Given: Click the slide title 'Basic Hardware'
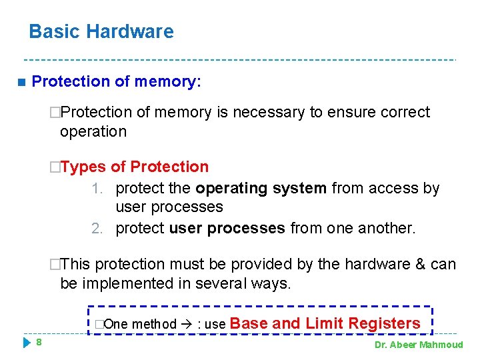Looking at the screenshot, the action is click(101, 31).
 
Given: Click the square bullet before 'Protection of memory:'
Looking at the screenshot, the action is click(21, 82).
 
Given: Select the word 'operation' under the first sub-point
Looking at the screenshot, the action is click(93, 131).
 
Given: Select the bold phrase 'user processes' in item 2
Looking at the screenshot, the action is click(227, 228).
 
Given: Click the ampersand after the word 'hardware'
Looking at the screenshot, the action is click(421, 264).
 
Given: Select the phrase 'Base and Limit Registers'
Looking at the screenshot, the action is click(325, 323).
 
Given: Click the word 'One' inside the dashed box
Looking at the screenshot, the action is click(117, 325).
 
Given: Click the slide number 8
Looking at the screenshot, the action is click(39, 342).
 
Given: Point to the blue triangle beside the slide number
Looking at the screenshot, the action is click(27, 343).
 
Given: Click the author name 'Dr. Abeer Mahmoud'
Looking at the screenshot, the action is click(419, 345).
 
